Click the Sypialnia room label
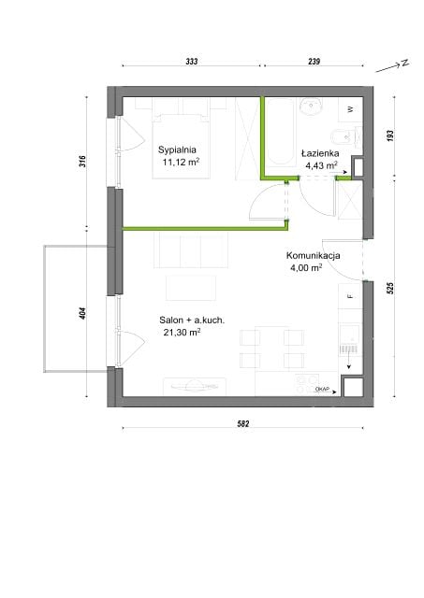177,149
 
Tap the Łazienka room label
320,153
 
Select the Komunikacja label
314,255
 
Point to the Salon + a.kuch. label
192,320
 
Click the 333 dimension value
191,61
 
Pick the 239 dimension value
314,61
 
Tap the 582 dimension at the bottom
243,423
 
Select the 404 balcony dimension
83,313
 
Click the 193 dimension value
390,136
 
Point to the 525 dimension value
390,288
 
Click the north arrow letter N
404,63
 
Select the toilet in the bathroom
344,136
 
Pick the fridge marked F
350,296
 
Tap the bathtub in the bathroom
281,133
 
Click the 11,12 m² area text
181,162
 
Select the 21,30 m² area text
182,333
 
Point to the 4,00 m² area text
306,267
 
